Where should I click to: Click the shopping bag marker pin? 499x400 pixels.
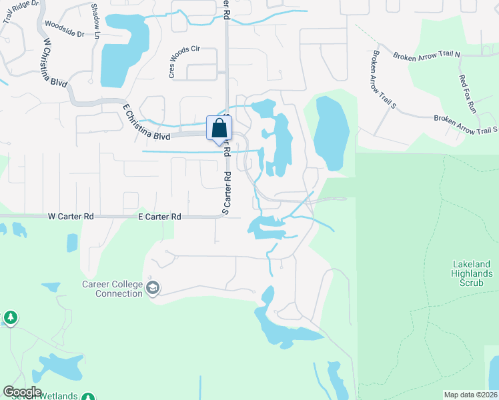pos(219,129)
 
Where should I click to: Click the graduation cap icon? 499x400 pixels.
pos(153,288)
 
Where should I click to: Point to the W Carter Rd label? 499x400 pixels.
pos(71,217)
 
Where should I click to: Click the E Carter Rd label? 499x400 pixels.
pos(159,217)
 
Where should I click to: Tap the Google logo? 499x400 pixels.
pos(22,392)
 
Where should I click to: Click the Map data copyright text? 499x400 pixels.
pos(470,394)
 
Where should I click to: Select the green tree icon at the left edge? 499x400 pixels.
pos(10,317)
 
